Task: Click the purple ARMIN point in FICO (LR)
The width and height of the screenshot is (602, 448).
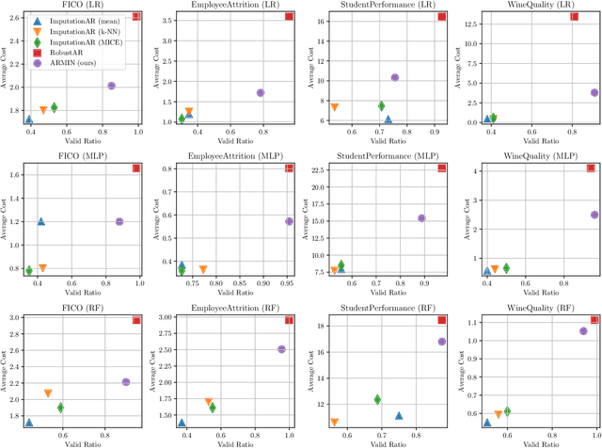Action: (x=111, y=86)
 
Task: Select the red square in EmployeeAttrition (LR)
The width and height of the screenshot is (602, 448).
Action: (x=289, y=16)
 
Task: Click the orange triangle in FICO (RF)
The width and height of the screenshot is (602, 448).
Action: (x=48, y=393)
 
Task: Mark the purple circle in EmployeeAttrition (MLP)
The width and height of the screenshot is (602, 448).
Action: (x=289, y=221)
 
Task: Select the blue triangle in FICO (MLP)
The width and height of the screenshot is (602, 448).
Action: (x=40, y=222)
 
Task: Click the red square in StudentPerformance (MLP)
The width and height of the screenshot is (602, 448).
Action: (x=442, y=168)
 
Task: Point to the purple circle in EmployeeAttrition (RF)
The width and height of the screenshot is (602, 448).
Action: (x=281, y=349)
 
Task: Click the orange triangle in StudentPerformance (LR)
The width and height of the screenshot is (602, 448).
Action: (x=334, y=107)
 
